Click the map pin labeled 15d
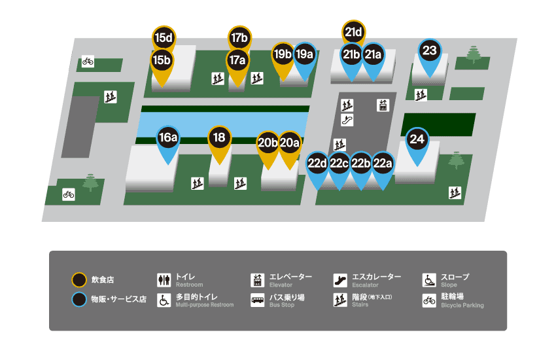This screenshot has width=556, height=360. [162, 37]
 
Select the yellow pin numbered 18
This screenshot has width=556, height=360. [219, 138]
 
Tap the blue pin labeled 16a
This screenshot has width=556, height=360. [168, 138]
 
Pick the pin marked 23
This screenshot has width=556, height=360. [429, 50]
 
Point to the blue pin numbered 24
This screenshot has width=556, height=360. [417, 139]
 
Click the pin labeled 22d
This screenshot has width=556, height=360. [317, 163]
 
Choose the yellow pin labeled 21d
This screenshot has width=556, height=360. [353, 31]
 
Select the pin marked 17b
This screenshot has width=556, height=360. [239, 37]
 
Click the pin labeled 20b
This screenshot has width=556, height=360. [268, 143]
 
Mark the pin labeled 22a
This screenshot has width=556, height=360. [382, 163]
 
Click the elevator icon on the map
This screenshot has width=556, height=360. [383, 105]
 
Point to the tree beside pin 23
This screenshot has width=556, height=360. [474, 54]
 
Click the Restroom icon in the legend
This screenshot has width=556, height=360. [164, 280]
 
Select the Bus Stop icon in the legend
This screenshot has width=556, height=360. [257, 300]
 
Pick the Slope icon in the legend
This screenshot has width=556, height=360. [429, 280]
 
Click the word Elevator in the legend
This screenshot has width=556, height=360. [281, 285]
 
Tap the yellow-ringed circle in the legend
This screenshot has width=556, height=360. [79, 280]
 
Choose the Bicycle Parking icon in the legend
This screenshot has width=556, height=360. [429, 300]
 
